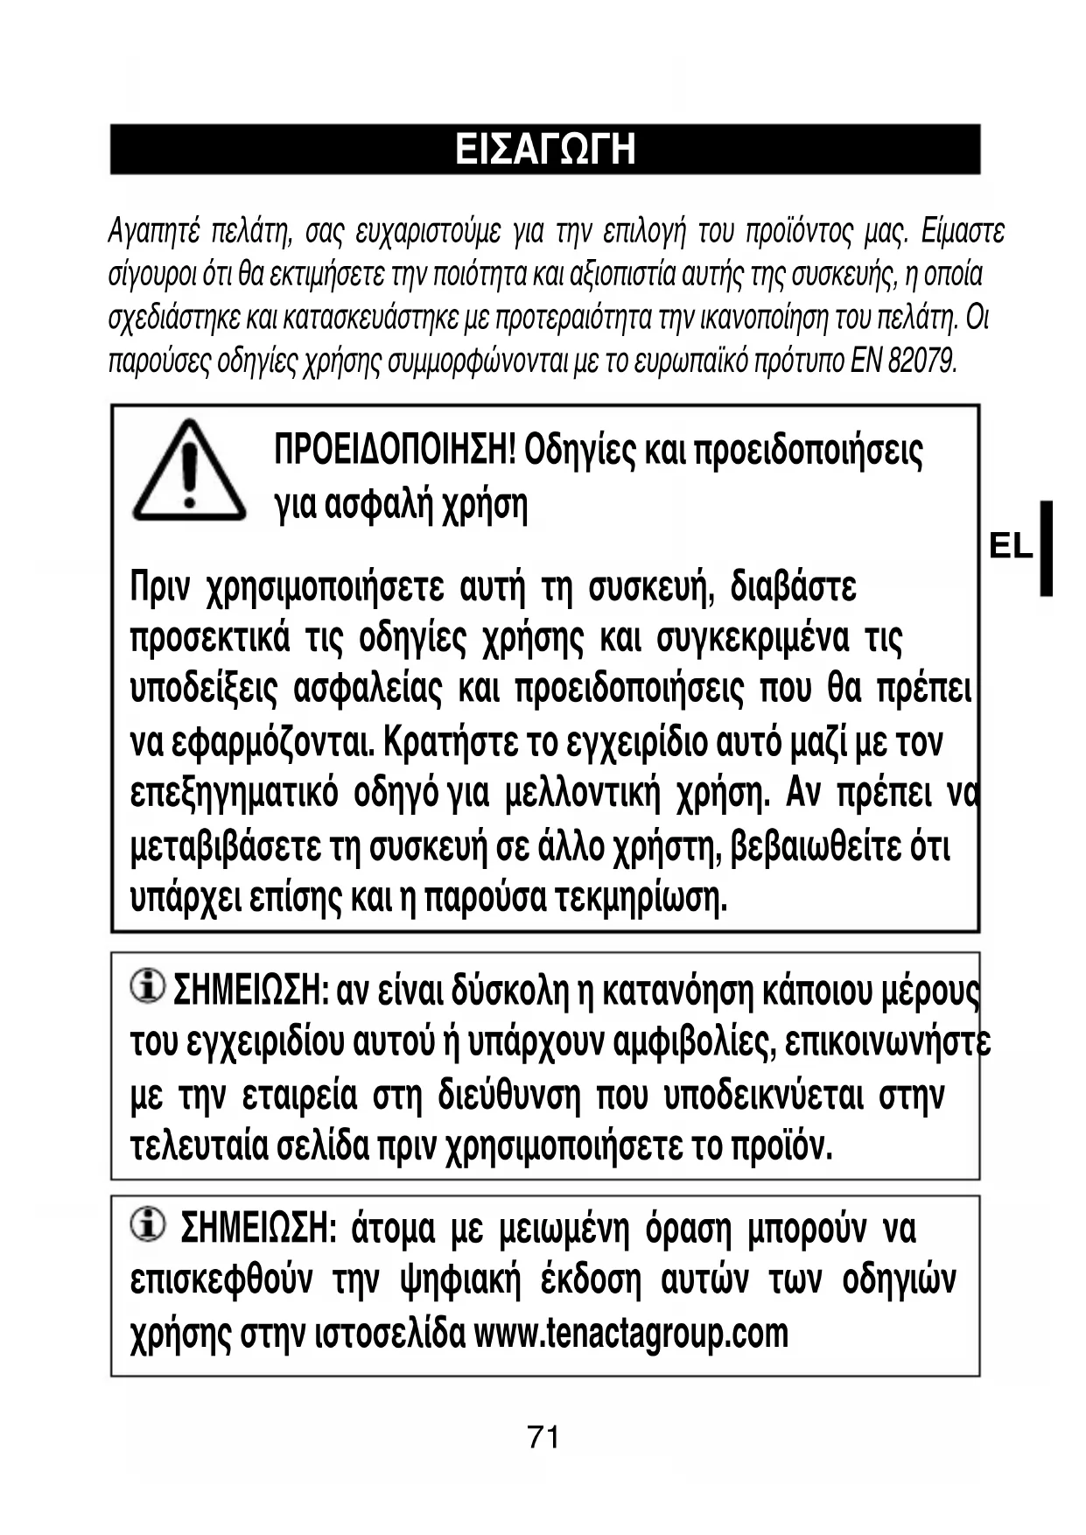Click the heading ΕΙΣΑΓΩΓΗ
click(544, 150)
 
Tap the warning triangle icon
click(188, 473)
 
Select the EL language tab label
click(1011, 547)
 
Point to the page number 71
click(543, 1437)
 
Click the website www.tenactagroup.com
click(631, 1333)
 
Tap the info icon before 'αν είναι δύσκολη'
click(147, 986)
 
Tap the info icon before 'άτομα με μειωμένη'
click(147, 1224)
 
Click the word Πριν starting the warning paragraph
click(159, 586)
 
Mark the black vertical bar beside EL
click(1046, 548)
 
